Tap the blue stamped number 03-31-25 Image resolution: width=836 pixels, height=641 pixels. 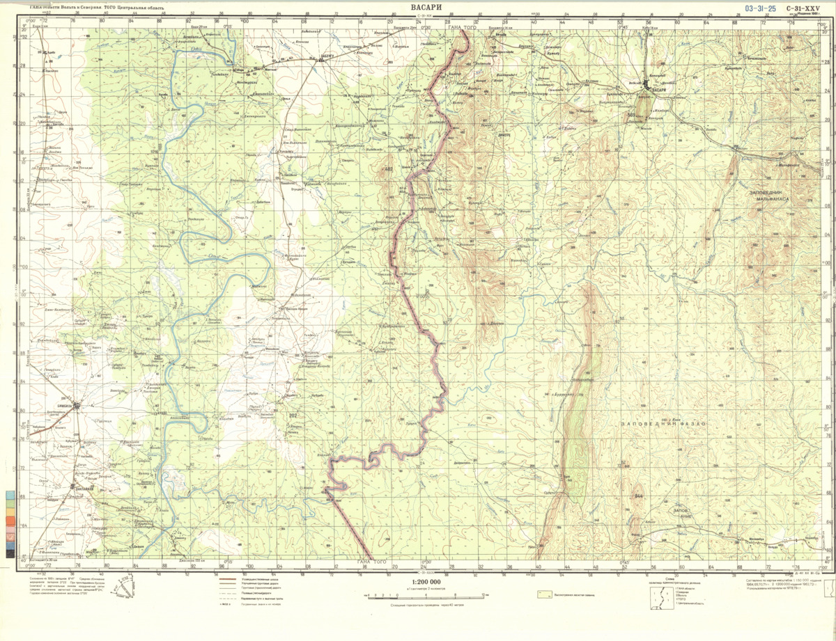click(760, 9)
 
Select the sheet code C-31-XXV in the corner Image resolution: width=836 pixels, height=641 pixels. click(803, 9)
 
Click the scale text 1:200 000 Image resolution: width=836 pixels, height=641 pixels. click(426, 583)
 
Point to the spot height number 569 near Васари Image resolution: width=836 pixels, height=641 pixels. click(632, 116)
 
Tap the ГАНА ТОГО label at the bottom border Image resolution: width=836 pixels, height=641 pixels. click(372, 562)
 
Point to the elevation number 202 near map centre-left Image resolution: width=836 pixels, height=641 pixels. click(293, 416)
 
